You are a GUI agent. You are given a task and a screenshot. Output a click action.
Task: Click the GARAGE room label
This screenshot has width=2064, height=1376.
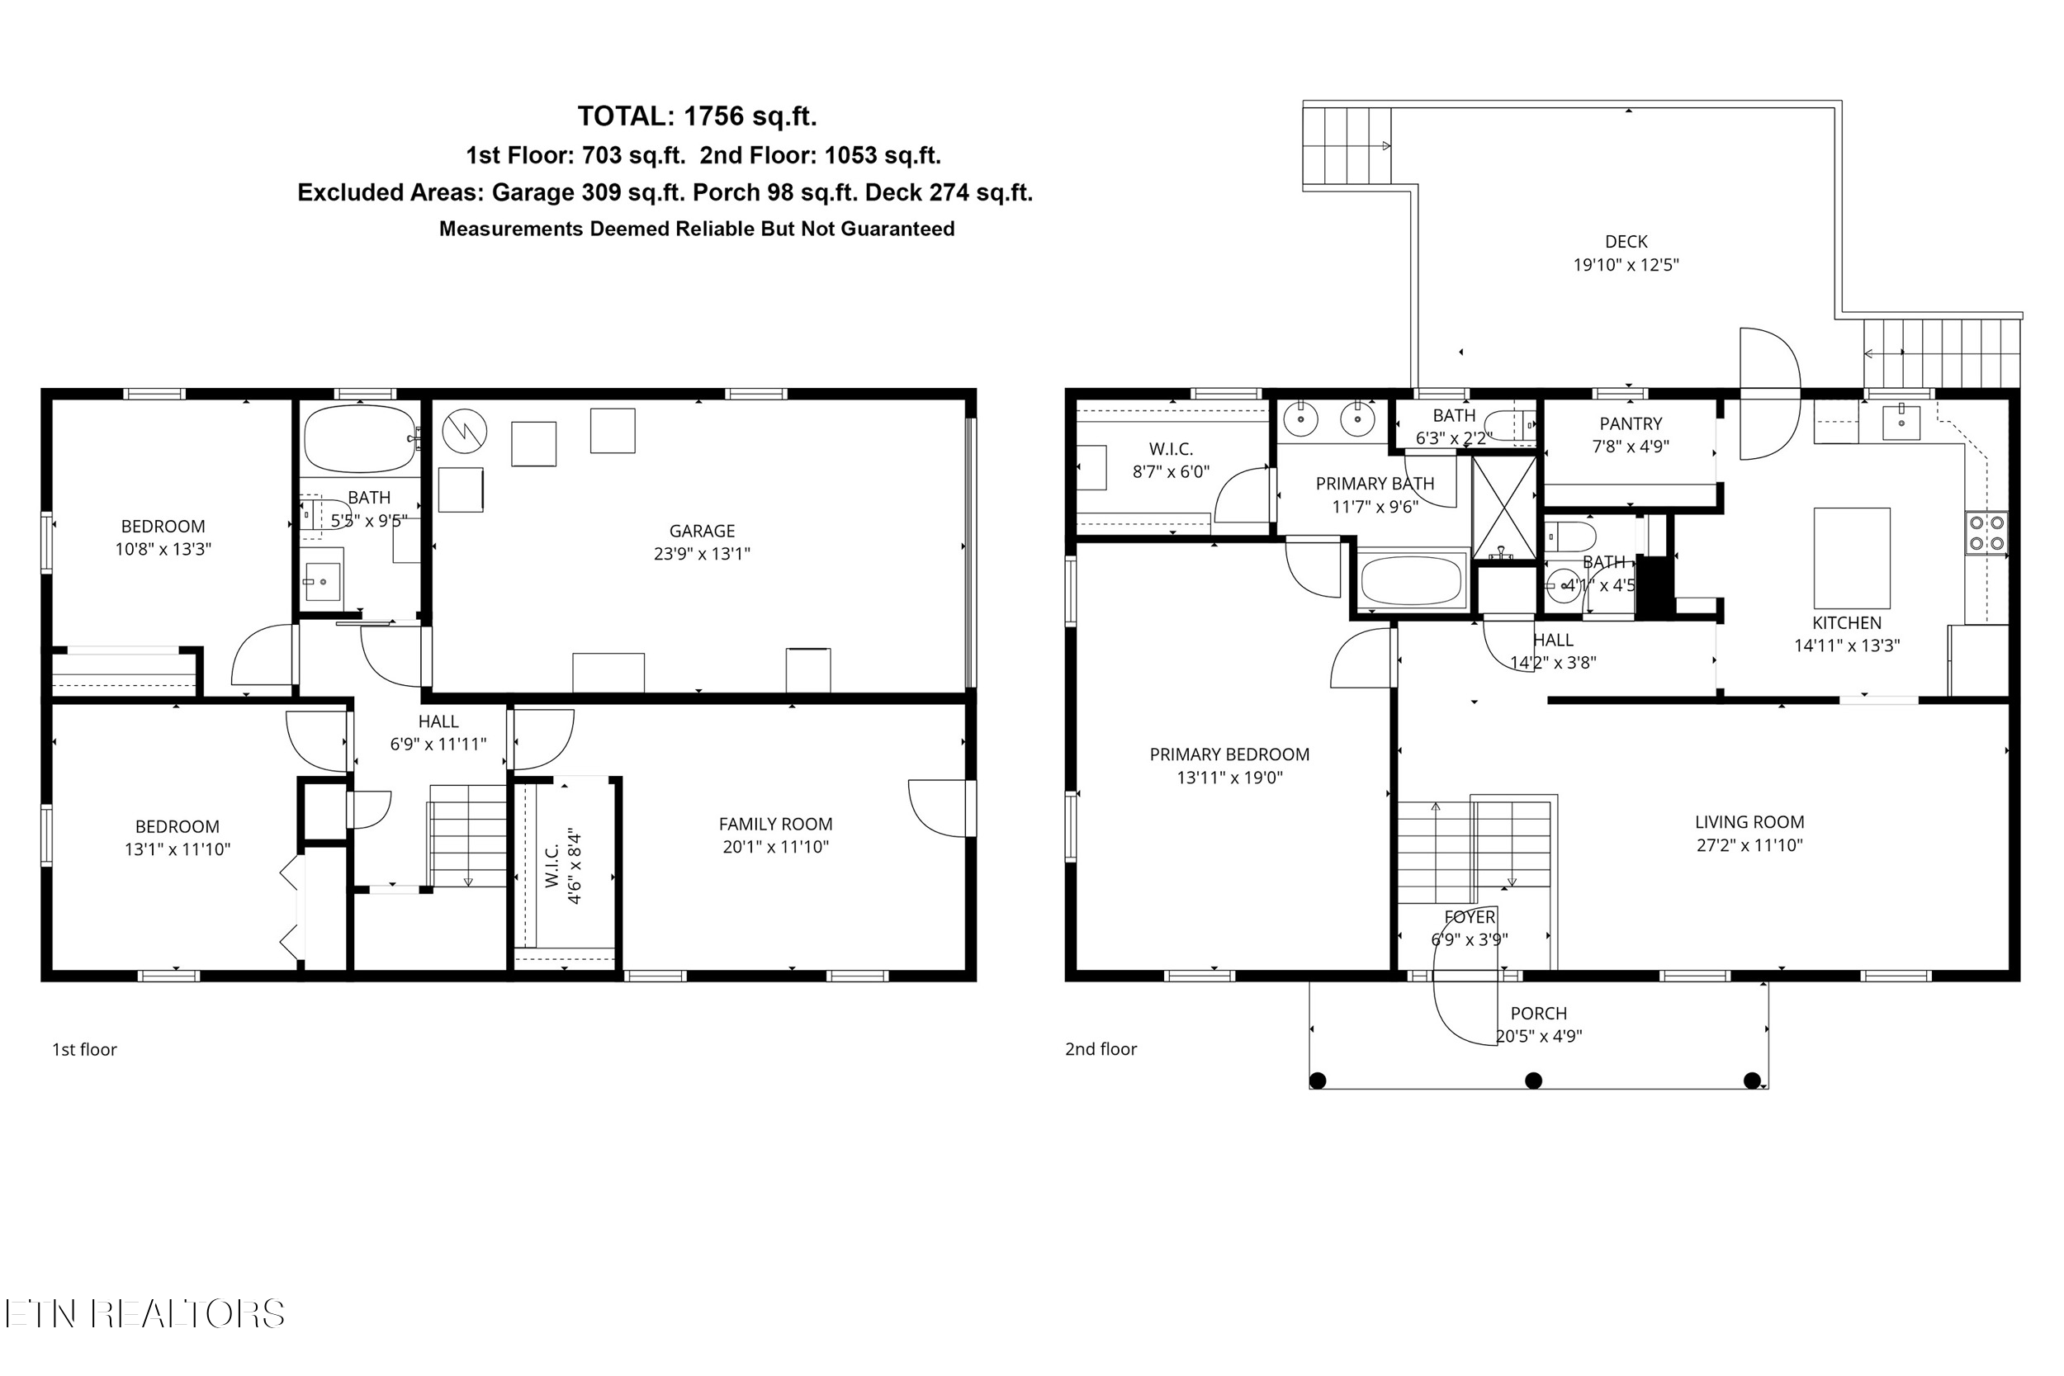[x=701, y=531]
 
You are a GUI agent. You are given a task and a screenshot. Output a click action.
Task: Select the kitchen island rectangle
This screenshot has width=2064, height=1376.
[x=1852, y=557]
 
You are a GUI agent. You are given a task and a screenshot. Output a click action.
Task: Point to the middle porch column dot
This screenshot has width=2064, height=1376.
[x=1533, y=1080]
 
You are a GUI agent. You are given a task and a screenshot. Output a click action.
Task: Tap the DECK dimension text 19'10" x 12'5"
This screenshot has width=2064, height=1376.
[x=1626, y=265]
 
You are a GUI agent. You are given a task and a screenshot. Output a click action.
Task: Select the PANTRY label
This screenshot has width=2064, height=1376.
[x=1630, y=423]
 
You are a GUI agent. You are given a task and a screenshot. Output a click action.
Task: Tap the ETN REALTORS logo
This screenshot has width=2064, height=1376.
[x=144, y=1314]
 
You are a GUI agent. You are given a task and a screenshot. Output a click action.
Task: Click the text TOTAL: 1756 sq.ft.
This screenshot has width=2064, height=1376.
[x=697, y=116]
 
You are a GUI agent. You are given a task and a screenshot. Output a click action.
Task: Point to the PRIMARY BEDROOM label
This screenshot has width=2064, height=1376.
[x=1228, y=754]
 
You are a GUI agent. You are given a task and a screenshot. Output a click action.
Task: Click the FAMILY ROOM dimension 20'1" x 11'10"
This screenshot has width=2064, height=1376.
[x=775, y=847]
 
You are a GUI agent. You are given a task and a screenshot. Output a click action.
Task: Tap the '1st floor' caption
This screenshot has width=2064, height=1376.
[x=84, y=1050]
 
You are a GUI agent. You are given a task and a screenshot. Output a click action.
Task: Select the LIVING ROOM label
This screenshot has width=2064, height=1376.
[x=1748, y=822]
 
